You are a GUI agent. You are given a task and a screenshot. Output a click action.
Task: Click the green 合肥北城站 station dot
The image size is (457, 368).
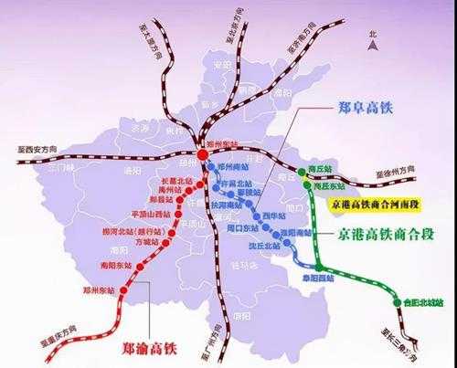[x=397, y=301]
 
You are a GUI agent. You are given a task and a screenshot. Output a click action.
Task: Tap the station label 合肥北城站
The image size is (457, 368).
[x=421, y=301]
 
